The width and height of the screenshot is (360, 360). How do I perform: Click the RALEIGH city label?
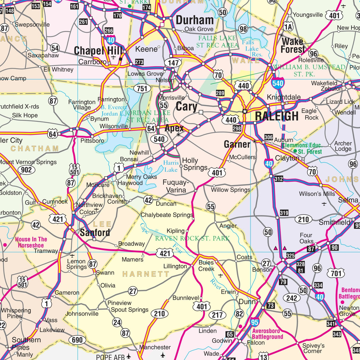(x=277, y=116)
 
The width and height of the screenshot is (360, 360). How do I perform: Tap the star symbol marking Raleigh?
(x=245, y=111)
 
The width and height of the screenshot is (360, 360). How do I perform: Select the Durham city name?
(x=195, y=20)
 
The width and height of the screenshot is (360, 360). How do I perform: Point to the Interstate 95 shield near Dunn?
(x=255, y=322)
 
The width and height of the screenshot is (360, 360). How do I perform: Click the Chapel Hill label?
(x=98, y=51)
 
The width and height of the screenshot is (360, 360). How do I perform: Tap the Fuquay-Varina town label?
(x=176, y=186)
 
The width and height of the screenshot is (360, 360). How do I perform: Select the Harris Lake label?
(x=171, y=166)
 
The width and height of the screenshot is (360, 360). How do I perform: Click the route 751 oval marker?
(x=142, y=88)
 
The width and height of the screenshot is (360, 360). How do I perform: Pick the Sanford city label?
(x=95, y=232)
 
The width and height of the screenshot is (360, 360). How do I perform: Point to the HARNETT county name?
(x=146, y=274)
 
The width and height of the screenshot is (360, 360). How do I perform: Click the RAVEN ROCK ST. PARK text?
(x=192, y=238)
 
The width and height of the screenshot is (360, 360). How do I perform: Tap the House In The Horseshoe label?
(x=31, y=242)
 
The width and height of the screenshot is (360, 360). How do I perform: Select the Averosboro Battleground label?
(x=267, y=334)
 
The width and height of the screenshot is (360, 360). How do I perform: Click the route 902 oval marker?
(x=26, y=170)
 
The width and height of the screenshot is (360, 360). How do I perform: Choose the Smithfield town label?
(x=334, y=222)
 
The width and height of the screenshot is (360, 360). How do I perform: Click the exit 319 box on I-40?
(x=284, y=213)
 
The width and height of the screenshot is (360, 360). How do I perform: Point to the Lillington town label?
(x=175, y=266)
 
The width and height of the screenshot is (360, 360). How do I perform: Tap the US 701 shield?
(x=336, y=273)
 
